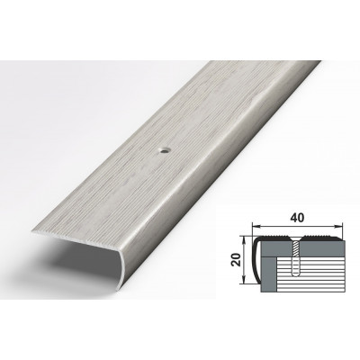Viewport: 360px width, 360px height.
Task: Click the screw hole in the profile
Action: coord(164,150)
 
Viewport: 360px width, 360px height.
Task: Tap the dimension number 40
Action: coord(297,218)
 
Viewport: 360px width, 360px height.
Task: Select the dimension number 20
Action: coord(238,260)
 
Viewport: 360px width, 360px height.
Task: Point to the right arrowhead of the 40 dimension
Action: coord(338,225)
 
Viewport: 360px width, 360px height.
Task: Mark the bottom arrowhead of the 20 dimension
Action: coord(245,280)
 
